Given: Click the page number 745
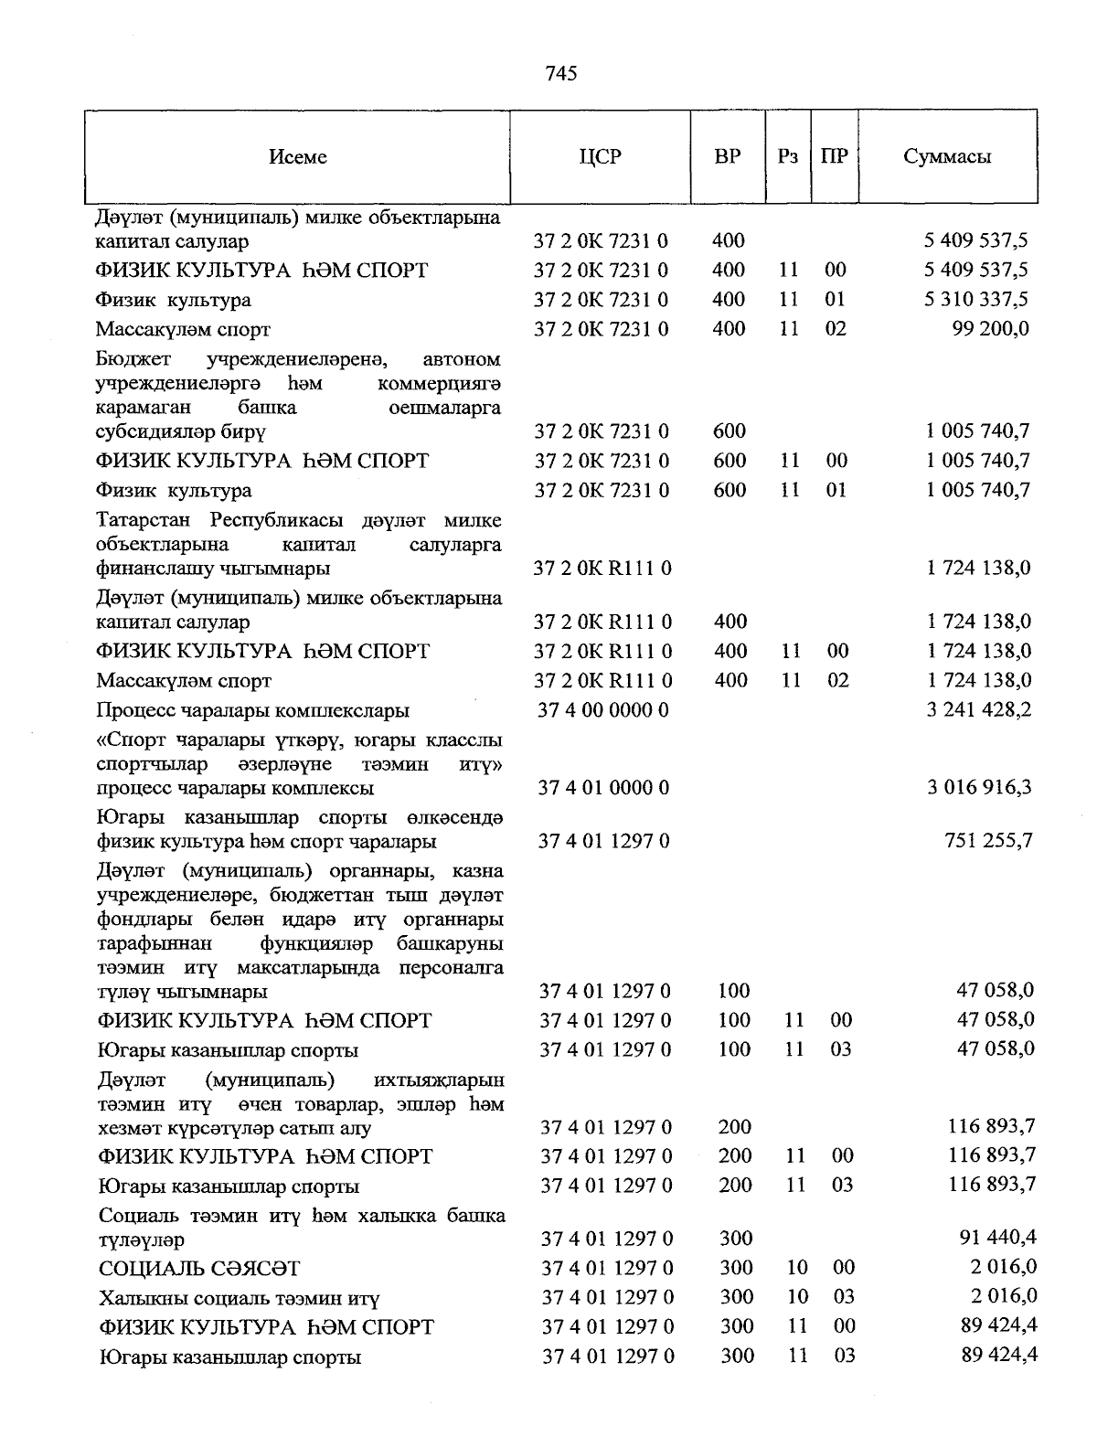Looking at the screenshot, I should (x=560, y=73).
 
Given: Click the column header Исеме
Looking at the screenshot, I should (x=298, y=157).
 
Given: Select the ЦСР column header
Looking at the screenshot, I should (x=600, y=156).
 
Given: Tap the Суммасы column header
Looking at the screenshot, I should (x=947, y=156).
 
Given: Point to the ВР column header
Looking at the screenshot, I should (x=728, y=156).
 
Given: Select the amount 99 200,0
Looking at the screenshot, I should (x=991, y=329).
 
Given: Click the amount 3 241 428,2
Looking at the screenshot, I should (x=979, y=710).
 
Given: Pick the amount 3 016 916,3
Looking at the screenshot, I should (x=979, y=787).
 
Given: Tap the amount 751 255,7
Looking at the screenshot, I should (x=988, y=840).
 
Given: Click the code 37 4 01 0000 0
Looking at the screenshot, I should (x=603, y=787).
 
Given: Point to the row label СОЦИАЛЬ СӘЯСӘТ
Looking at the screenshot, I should (x=199, y=1269).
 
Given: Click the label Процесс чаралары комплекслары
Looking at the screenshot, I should (x=253, y=710).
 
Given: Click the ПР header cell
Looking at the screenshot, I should (x=834, y=156).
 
